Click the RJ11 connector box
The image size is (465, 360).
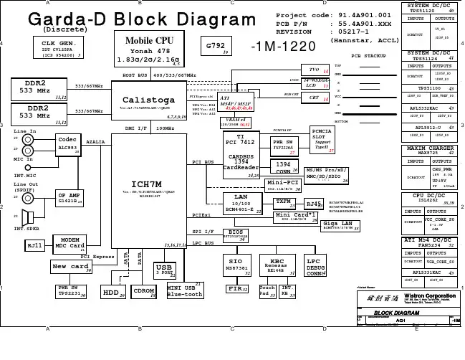pos(34,245)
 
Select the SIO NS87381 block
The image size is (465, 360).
pos(236,265)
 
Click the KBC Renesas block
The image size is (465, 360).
pos(277,265)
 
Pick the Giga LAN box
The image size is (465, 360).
pos(340,225)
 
